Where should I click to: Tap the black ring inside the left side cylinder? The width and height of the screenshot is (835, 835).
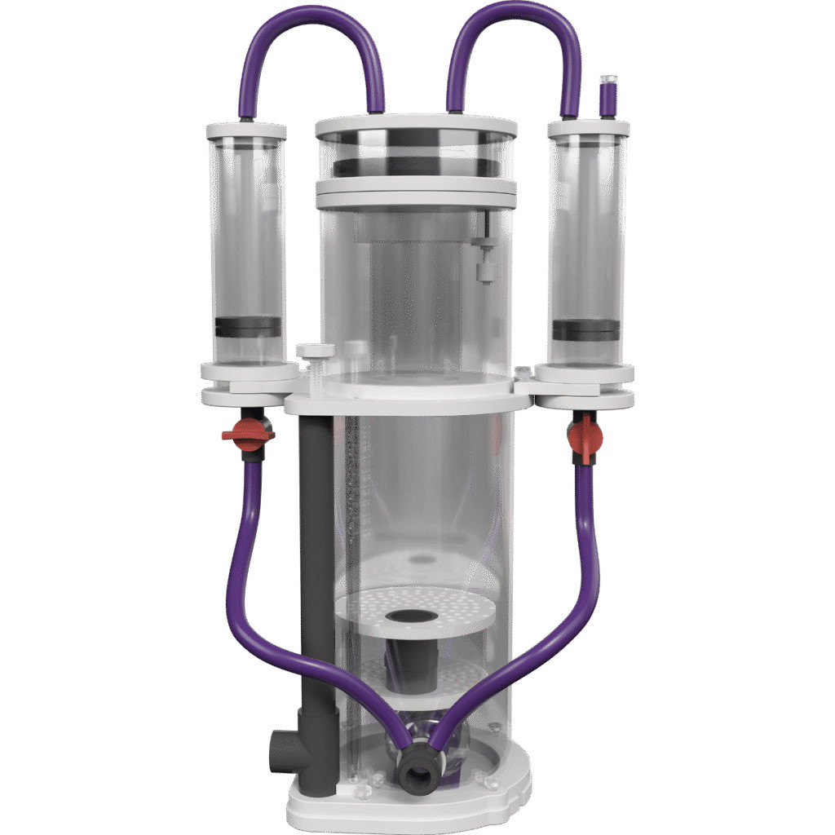click(248, 327)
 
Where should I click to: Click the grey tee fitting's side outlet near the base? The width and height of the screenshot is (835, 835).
click(277, 744)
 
